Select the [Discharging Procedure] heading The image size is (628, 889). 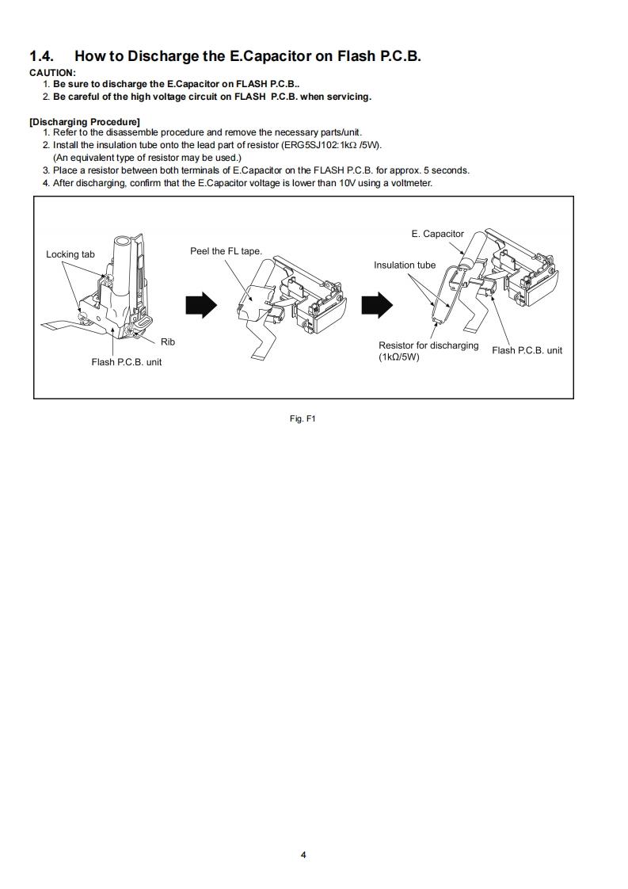(x=84, y=121)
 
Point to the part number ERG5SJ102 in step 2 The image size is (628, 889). (x=304, y=145)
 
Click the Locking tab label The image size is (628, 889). (x=70, y=254)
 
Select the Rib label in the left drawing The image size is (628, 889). (x=168, y=342)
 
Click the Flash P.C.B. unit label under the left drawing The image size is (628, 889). (x=126, y=363)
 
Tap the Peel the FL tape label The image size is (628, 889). (x=226, y=251)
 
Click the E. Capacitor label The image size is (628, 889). (x=437, y=234)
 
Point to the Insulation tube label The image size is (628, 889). (x=405, y=265)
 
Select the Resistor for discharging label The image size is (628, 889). (x=428, y=345)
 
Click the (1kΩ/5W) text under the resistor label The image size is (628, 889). (x=399, y=357)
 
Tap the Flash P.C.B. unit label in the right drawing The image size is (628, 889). (x=527, y=350)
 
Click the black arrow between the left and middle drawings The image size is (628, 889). (x=200, y=304)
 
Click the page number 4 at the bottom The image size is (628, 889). (x=303, y=855)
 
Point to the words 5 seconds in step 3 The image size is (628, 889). (x=448, y=170)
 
